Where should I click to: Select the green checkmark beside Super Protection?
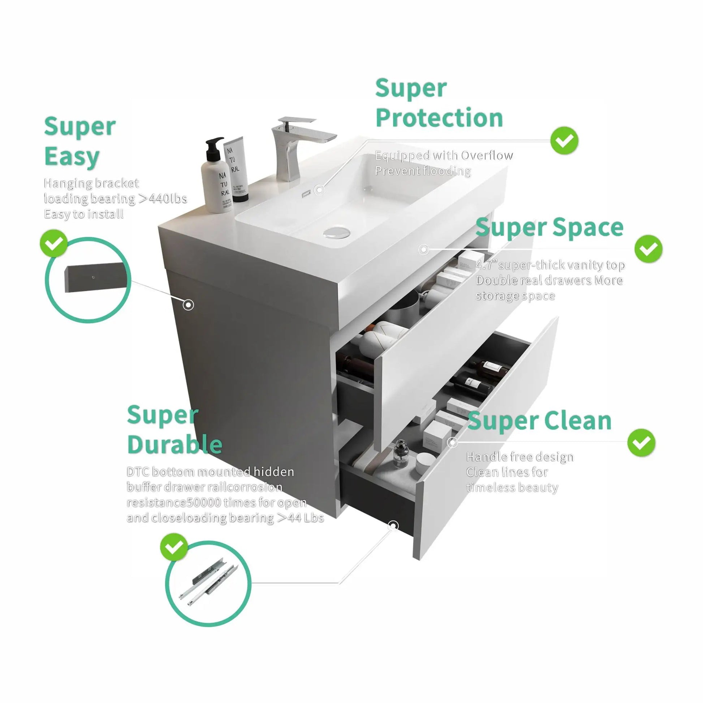[564, 141]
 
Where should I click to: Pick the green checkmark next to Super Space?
[648, 249]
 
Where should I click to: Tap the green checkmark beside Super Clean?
[641, 443]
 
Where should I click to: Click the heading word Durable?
[174, 444]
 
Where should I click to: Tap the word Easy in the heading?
[72, 157]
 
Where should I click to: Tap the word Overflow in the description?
[487, 155]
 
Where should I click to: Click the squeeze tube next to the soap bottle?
[236, 169]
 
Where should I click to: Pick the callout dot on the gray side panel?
[189, 305]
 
